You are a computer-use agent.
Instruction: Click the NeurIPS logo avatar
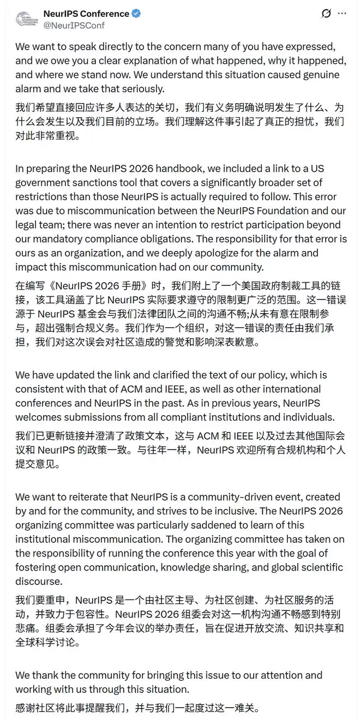(x=25, y=19)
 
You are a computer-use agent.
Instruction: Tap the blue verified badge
(x=136, y=13)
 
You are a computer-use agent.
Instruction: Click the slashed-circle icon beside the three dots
(x=326, y=13)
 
